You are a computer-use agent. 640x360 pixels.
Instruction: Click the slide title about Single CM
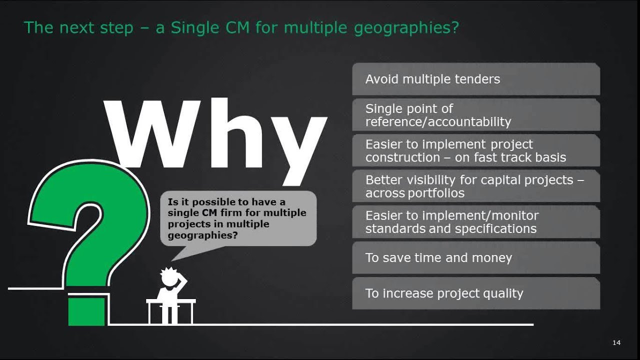point(241,27)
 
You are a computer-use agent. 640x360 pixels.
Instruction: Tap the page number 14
point(616,342)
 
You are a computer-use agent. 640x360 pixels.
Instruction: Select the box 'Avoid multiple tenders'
point(475,79)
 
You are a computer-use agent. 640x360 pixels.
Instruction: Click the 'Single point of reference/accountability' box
point(475,115)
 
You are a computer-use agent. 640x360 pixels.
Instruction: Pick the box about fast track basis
point(475,150)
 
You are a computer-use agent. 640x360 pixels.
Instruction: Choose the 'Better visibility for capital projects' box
point(475,186)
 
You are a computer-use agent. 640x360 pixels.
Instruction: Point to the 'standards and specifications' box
point(475,222)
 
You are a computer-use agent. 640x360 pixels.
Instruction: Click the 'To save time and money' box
point(475,257)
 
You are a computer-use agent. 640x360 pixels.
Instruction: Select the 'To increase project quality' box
point(475,293)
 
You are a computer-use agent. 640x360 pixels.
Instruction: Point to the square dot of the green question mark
point(86,311)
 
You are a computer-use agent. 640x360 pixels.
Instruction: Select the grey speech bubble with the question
point(238,218)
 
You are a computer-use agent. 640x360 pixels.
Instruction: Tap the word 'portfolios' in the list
point(436,193)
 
